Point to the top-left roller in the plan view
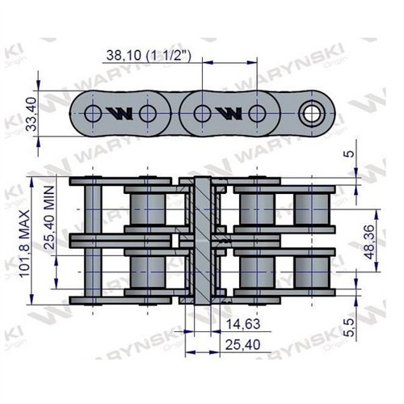pos(146,208)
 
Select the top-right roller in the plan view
pos(311,208)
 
